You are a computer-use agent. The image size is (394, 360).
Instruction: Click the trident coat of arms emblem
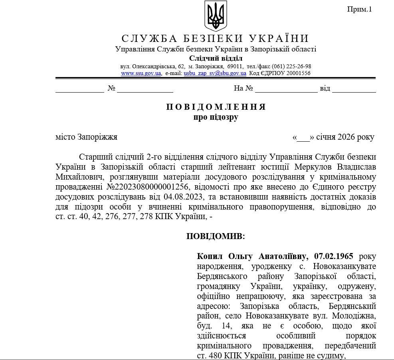click(x=216, y=16)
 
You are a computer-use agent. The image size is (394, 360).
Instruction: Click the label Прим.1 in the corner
click(x=359, y=9)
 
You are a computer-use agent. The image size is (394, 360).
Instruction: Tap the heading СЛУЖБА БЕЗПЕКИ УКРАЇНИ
click(x=215, y=38)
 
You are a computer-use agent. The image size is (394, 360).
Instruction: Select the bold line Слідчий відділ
click(x=216, y=58)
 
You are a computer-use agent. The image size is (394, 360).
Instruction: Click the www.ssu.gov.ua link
click(x=141, y=73)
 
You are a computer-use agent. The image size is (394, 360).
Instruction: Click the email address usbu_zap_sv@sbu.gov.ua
click(x=215, y=73)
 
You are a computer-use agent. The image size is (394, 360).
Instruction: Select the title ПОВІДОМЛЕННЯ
click(x=216, y=107)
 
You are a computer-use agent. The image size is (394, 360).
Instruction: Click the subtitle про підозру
click(x=216, y=117)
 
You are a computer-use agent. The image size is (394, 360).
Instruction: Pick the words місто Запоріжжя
click(x=86, y=137)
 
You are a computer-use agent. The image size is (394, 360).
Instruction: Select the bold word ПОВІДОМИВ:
click(x=216, y=236)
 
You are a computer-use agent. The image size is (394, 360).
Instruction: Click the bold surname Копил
click(x=211, y=255)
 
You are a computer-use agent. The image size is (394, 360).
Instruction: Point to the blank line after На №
click(x=286, y=89)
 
